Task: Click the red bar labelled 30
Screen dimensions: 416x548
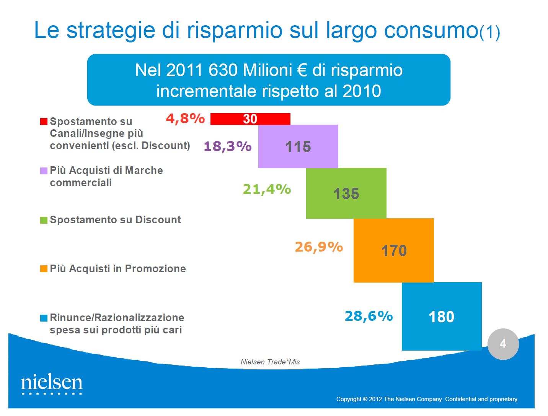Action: coord(250,119)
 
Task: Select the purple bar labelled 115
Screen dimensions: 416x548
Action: coord(298,146)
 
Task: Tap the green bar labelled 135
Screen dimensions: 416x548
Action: coord(346,193)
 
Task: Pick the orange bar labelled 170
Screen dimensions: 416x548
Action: coord(393,250)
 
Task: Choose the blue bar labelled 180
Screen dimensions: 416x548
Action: coord(442,316)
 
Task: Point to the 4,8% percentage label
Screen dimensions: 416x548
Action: coord(185,119)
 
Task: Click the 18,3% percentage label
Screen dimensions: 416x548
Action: coord(227,146)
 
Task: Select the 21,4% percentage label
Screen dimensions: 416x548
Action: coord(267,189)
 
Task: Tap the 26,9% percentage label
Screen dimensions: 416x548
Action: coord(319,247)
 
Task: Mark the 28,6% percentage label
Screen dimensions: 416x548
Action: coord(369,316)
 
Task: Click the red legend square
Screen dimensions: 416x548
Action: coord(44,122)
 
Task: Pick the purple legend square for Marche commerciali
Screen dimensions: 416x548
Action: coord(44,171)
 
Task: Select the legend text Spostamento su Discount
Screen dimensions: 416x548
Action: coord(115,220)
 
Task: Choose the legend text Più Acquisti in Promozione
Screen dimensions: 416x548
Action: coord(118,269)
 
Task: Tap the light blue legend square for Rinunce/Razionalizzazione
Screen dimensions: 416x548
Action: coord(44,318)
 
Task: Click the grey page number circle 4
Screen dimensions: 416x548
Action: coord(503,344)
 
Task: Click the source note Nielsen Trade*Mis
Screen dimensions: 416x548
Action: coord(270,362)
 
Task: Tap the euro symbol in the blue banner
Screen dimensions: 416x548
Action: coord(302,70)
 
